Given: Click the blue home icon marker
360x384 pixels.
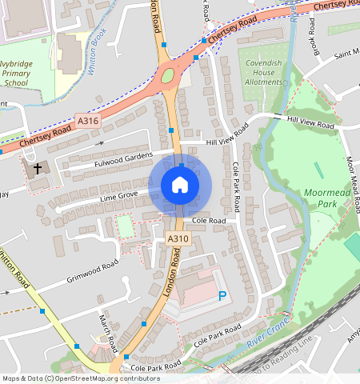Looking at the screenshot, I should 180,186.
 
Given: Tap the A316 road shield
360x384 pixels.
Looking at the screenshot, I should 87,121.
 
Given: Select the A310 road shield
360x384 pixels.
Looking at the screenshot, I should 177,239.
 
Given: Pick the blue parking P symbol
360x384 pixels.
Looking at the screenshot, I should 222,296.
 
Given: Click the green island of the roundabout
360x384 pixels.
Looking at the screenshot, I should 168,77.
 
